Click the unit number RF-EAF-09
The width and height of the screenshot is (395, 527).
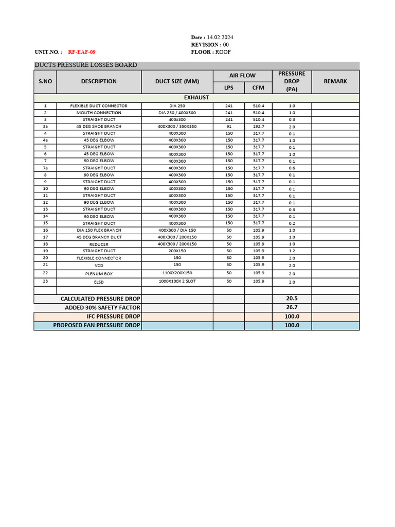(x=81, y=52)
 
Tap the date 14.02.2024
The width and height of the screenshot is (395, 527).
(x=220, y=38)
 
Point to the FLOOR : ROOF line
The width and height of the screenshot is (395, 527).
(x=211, y=52)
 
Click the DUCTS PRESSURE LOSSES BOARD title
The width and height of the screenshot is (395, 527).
(x=86, y=65)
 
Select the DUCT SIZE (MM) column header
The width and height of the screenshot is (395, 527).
(x=177, y=81)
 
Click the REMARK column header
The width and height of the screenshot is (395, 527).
(x=335, y=81)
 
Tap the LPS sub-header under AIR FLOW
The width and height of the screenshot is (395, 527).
(x=229, y=87)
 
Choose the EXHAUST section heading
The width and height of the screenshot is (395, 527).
(x=196, y=97)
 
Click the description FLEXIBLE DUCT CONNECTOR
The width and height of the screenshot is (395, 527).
(x=99, y=106)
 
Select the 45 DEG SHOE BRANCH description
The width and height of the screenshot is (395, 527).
(x=99, y=127)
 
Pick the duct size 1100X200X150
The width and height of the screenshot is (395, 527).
(x=177, y=273)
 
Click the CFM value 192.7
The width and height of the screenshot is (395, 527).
(x=258, y=127)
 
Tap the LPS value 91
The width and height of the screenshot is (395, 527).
(x=229, y=127)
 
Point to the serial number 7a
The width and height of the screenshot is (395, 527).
(x=45, y=168)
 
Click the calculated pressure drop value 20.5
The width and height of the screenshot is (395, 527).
(x=292, y=298)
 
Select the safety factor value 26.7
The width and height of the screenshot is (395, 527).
(x=292, y=307)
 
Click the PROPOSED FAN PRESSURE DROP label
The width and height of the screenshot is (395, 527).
(x=97, y=325)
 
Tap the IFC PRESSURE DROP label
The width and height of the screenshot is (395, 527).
(x=113, y=317)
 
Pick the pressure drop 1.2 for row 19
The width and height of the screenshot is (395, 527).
(x=292, y=251)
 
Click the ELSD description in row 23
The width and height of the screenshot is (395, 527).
(x=99, y=282)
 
